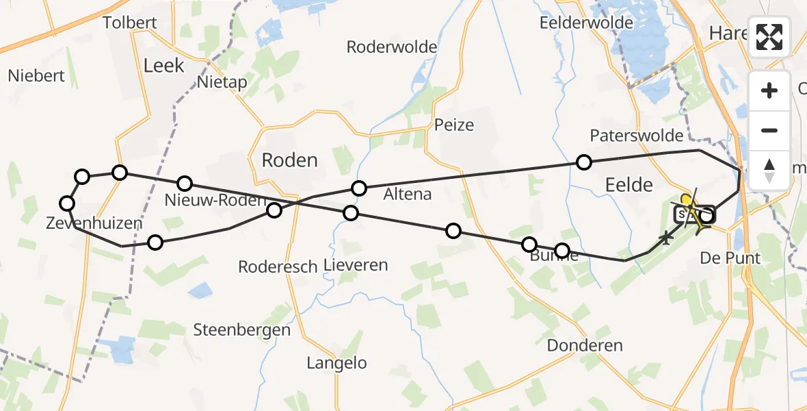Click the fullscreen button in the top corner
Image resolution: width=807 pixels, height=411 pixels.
tap(770, 37)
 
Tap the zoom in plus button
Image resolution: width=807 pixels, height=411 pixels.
tap(770, 91)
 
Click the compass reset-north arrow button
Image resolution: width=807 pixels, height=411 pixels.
tap(770, 170)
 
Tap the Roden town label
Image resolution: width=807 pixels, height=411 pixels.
tap(290, 160)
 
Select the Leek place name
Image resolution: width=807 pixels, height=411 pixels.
tap(164, 65)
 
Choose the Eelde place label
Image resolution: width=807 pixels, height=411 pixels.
tap(629, 185)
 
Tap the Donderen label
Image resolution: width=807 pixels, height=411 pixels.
tap(585, 345)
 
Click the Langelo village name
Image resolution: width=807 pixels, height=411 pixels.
tap(336, 363)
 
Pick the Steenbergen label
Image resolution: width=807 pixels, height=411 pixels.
tap(241, 329)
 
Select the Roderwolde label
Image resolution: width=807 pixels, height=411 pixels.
tap(392, 47)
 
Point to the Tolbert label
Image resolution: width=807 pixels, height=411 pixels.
tap(129, 23)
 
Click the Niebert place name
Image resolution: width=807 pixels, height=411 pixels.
tap(36, 75)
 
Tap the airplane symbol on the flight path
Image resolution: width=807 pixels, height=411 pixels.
tap(665, 238)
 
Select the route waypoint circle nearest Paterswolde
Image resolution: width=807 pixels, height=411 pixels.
tap(583, 162)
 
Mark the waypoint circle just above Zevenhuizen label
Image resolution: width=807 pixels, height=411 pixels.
tap(67, 203)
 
